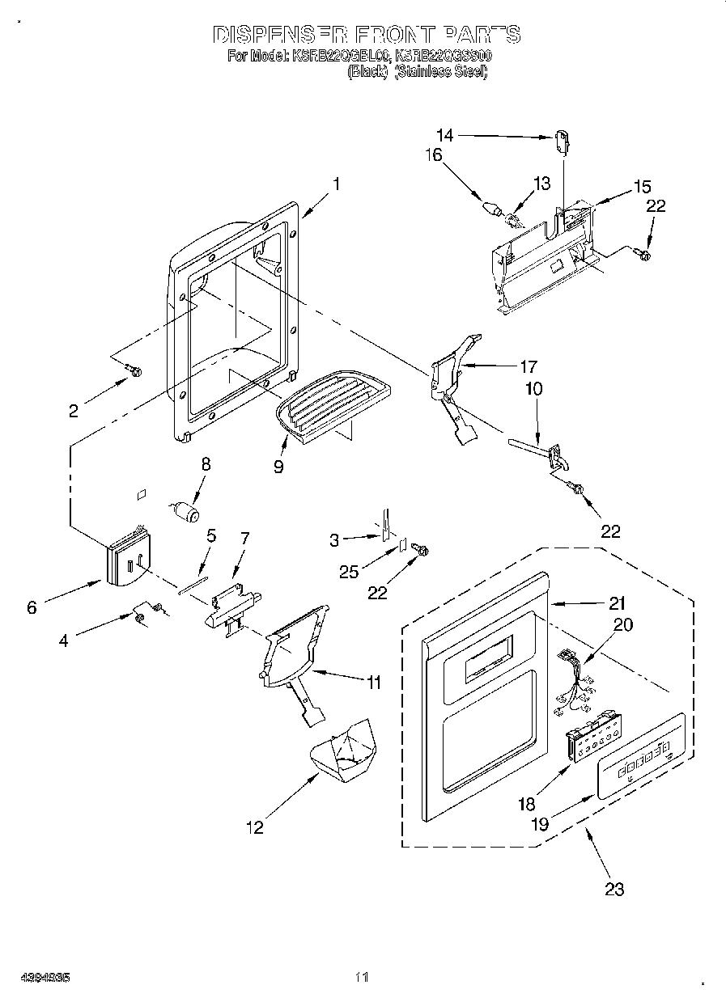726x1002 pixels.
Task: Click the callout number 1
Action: click(x=335, y=184)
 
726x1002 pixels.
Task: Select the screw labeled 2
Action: click(x=134, y=371)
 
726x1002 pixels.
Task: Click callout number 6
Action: click(x=32, y=607)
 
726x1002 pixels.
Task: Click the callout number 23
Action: click(x=614, y=890)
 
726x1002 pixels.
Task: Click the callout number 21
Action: click(x=618, y=602)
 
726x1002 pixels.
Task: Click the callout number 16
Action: click(x=435, y=154)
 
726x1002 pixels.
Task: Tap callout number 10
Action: click(x=535, y=389)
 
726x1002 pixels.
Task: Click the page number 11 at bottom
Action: click(x=362, y=977)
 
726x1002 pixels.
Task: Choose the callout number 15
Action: click(x=642, y=187)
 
